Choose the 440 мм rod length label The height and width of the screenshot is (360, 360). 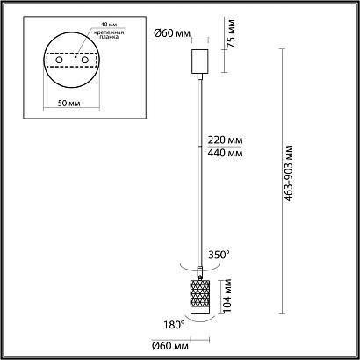point(223,155)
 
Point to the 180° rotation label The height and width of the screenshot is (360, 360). point(173,326)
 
